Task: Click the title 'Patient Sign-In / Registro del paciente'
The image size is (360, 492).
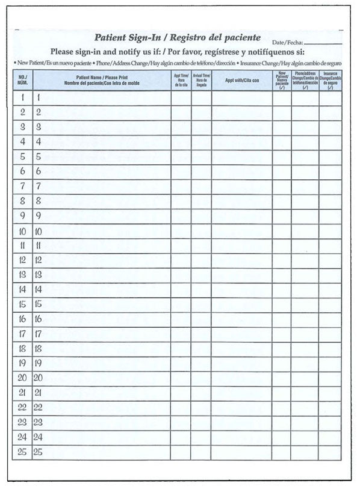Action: [x=177, y=38]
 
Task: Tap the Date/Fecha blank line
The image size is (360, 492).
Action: [x=323, y=43]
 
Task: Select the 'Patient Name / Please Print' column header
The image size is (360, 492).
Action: [x=102, y=80]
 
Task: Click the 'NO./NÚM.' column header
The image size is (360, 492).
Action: [x=22, y=80]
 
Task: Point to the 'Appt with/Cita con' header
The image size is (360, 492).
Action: [x=241, y=80]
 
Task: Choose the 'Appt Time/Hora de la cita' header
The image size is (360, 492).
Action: [x=181, y=80]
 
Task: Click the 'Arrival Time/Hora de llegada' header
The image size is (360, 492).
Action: [x=201, y=80]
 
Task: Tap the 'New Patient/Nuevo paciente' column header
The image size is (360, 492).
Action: [x=282, y=80]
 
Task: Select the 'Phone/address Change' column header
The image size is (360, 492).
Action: [x=305, y=80]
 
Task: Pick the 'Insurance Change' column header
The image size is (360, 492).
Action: [x=330, y=80]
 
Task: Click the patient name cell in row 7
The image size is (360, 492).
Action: [x=102, y=186]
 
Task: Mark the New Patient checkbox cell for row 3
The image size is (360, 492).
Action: [x=282, y=127]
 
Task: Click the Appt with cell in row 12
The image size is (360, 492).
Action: [x=241, y=260]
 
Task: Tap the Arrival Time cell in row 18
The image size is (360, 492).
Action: [x=201, y=348]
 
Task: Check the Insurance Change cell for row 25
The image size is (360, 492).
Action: [x=330, y=452]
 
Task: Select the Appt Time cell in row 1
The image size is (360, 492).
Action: [x=181, y=97]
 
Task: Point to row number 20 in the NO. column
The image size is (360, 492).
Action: [x=22, y=378]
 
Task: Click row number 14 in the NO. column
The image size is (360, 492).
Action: [x=22, y=289]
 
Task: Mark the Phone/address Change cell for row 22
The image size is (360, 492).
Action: [x=305, y=407]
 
